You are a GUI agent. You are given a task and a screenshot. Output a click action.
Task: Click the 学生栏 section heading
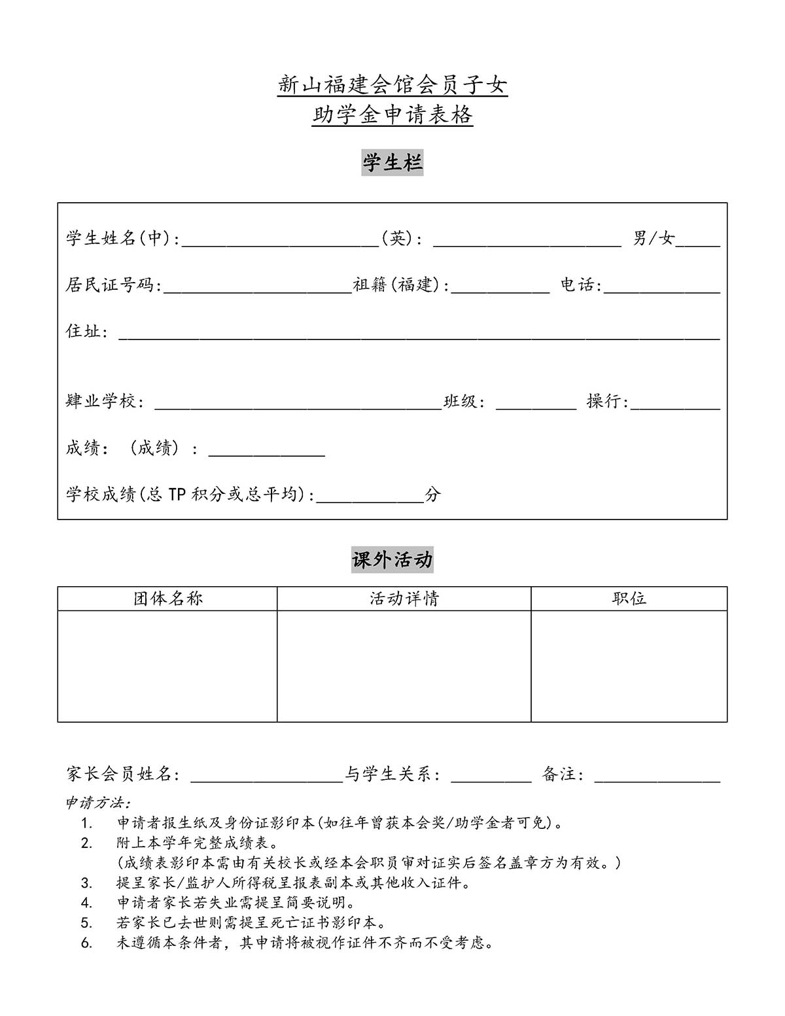tap(392, 163)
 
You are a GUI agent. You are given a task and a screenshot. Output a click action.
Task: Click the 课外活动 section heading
tap(392, 560)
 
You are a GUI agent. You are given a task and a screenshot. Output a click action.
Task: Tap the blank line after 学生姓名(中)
tap(280, 241)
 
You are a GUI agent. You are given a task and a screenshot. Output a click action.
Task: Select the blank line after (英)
tap(527, 241)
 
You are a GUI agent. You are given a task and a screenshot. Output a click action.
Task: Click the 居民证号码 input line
tap(258, 288)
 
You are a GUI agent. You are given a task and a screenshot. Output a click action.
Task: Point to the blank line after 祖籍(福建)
tap(500, 288)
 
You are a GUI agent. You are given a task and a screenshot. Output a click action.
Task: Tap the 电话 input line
tap(661, 288)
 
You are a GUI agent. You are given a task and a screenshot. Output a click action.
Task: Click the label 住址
tap(84, 332)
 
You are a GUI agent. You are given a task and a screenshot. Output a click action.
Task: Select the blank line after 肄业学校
tap(298, 404)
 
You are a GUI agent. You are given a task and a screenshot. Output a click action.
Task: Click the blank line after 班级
tap(536, 404)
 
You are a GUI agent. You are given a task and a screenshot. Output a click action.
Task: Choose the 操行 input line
tap(674, 404)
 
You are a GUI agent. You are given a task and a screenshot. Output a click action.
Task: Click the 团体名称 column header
tap(167, 599)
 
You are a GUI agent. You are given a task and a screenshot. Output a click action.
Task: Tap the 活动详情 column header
tap(404, 599)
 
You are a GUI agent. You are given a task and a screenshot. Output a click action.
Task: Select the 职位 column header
tap(629, 599)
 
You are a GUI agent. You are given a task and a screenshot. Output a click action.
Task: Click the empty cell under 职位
tap(629, 666)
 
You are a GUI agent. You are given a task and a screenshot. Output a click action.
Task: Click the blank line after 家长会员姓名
tap(266, 777)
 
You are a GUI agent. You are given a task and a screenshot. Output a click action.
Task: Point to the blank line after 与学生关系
tap(491, 777)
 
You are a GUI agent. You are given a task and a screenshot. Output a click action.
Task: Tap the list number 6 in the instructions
tap(87, 943)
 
